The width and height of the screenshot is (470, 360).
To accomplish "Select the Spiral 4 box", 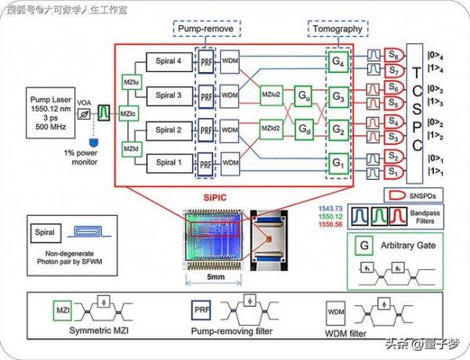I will click(167, 59).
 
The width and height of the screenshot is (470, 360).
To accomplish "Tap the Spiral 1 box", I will click(167, 162).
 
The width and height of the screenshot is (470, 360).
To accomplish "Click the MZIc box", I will click(125, 113).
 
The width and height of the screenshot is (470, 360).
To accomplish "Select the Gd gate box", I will click(303, 134).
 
